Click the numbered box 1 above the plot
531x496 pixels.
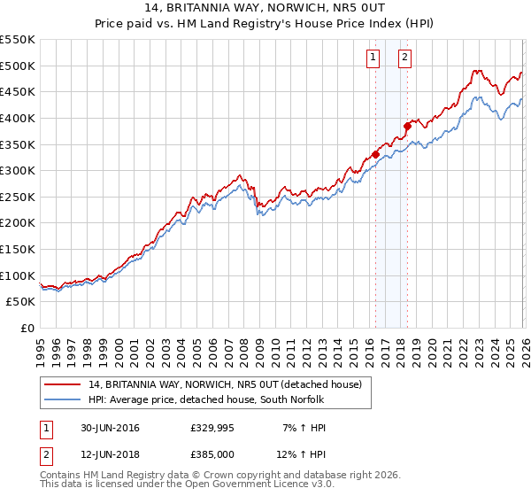point(373,58)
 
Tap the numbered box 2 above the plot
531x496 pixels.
point(404,58)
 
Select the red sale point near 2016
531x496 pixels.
point(375,154)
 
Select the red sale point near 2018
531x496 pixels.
point(407,126)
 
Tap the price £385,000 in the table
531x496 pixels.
point(212,454)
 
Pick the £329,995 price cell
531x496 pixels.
point(212,428)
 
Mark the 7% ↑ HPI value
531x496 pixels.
point(304,428)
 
